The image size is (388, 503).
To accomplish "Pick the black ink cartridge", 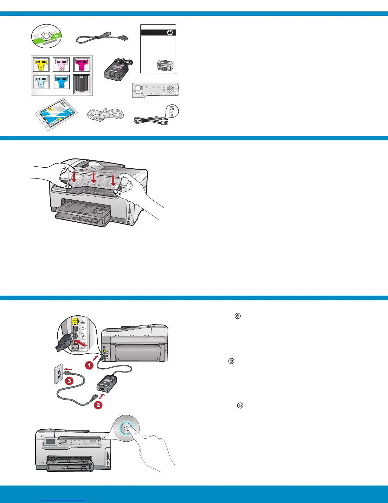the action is (81, 84).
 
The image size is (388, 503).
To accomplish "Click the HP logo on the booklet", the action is (170, 33).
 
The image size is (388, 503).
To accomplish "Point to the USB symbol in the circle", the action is (172, 111).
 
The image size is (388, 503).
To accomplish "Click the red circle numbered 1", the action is (89, 366).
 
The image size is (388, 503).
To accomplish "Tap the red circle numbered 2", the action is (98, 405).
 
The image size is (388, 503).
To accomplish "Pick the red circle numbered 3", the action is (69, 381).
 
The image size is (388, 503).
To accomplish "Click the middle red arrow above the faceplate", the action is (93, 178).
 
